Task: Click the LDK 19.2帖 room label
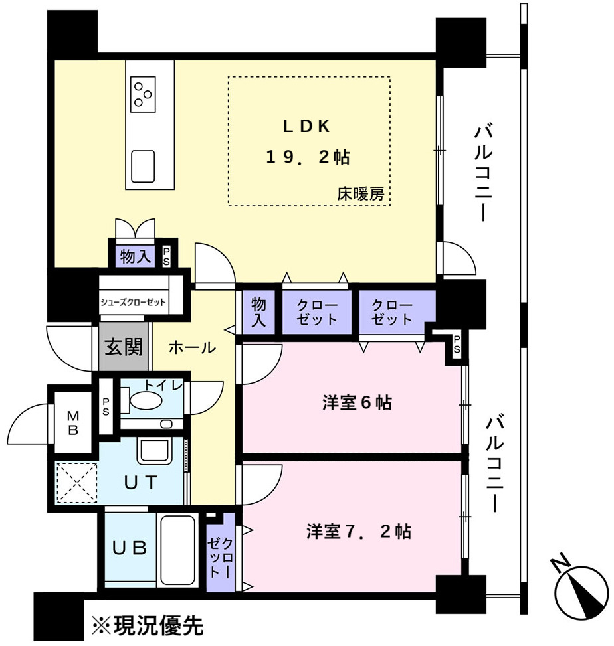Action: click(308, 142)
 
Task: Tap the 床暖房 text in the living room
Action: click(361, 194)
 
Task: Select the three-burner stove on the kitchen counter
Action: click(143, 94)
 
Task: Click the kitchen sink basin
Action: click(143, 166)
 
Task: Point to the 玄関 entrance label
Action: click(124, 347)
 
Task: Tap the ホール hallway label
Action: click(192, 348)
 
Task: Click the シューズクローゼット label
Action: click(133, 302)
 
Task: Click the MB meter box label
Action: click(73, 422)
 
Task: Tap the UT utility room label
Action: click(141, 483)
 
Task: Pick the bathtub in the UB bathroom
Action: click(177, 550)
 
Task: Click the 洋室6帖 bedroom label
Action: click(357, 402)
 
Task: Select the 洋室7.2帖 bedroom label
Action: click(358, 531)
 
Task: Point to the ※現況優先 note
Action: click(148, 626)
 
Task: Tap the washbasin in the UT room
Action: click(155, 451)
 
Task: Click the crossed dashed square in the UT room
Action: click(76, 483)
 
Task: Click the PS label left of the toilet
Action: click(106, 406)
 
